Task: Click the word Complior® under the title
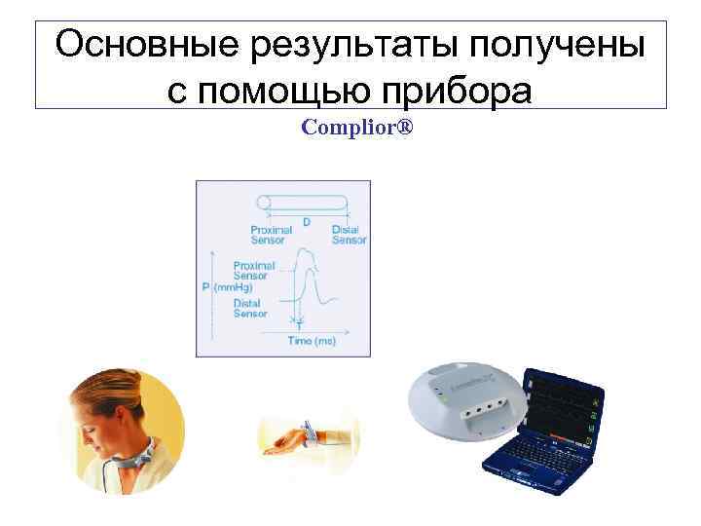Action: tap(357, 128)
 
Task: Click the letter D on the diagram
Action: tap(307, 223)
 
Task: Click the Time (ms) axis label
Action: tap(312, 341)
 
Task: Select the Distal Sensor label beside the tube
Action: tap(349, 235)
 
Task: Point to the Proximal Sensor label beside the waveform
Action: tap(253, 270)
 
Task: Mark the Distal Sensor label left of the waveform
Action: tap(250, 309)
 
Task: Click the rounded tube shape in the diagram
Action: tap(302, 202)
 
